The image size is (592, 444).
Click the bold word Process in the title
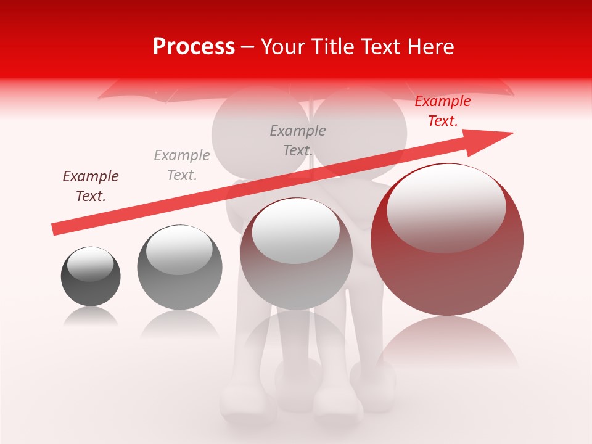(x=194, y=47)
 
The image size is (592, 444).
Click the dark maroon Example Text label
(x=91, y=186)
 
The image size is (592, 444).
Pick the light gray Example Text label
(x=182, y=165)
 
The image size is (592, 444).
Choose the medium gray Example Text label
(x=298, y=140)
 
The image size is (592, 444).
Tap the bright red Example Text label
(x=442, y=111)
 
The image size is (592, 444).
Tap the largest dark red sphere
(x=447, y=271)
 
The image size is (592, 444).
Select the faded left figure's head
(x=259, y=133)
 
